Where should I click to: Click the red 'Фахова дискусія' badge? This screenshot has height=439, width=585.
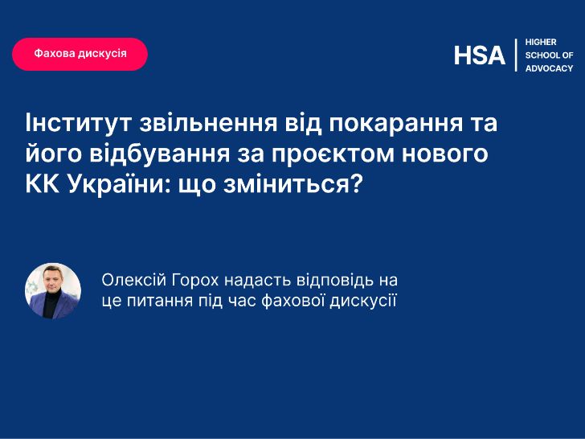pyautogui.click(x=80, y=54)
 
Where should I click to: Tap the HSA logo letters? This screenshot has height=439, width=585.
pyautogui.click(x=480, y=55)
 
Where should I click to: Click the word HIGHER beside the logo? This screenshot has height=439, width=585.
pyautogui.click(x=541, y=42)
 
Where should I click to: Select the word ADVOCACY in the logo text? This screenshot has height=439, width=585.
pyautogui.click(x=549, y=68)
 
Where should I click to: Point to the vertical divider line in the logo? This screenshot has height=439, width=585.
pyautogui.click(x=516, y=55)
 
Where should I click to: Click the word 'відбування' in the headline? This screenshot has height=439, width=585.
pyautogui.click(x=160, y=154)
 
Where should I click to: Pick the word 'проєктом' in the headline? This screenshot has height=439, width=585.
pyautogui.click(x=333, y=154)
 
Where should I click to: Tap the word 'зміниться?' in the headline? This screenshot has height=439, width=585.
pyautogui.click(x=293, y=184)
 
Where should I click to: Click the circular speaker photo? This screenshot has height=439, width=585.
pyautogui.click(x=53, y=291)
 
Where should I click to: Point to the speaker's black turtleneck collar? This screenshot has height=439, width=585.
pyautogui.click(x=52, y=293)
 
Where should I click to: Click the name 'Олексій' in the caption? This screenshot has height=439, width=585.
pyautogui.click(x=134, y=280)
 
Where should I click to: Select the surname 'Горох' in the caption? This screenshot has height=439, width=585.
pyautogui.click(x=195, y=281)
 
